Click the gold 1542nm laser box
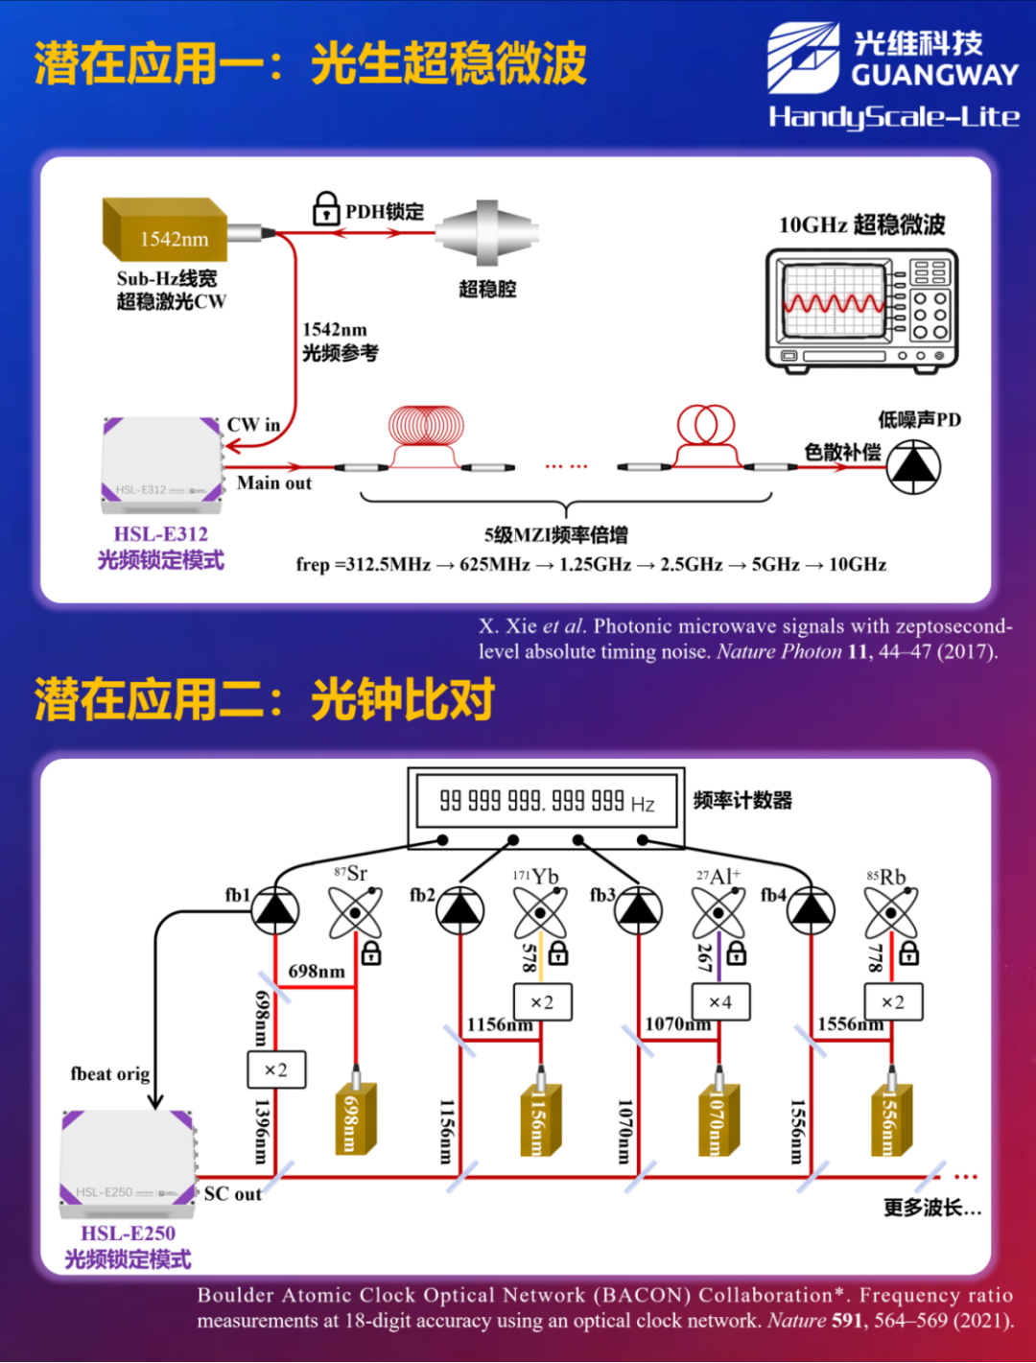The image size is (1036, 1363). [165, 230]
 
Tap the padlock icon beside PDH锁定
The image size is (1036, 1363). [326, 208]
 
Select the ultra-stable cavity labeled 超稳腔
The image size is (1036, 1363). [487, 232]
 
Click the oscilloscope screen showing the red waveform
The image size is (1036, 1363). [833, 301]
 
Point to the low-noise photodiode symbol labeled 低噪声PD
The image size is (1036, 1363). [913, 466]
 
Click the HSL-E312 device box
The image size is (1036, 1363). [161, 459]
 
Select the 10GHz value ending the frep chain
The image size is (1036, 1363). [858, 565]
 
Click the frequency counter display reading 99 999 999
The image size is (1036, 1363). [547, 801]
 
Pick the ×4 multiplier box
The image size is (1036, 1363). [719, 1002]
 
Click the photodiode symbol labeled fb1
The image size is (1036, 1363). [275, 909]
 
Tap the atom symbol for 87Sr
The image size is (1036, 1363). [355, 912]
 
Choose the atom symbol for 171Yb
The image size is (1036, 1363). [540, 912]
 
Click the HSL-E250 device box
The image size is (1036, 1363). [128, 1159]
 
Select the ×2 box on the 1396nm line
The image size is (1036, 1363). [276, 1069]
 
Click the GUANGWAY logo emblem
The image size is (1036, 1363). [803, 59]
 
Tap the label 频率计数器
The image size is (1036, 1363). [742, 801]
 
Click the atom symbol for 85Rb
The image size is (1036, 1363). [891, 912]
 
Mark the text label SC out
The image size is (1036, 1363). [232, 1194]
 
